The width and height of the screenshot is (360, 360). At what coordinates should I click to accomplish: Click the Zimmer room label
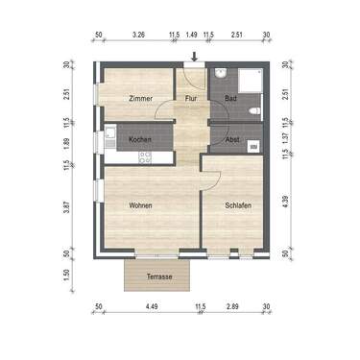click(x=141, y=99)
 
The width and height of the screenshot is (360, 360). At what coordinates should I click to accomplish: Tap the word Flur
click(x=191, y=99)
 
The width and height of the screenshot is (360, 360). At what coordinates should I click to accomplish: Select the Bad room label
click(x=231, y=99)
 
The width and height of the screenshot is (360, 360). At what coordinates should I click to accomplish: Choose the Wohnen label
click(x=141, y=205)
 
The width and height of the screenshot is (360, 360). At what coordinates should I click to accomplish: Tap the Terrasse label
click(x=159, y=276)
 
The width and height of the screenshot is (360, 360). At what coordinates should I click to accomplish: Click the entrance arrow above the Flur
click(x=195, y=57)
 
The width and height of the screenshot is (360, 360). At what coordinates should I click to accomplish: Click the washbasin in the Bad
click(x=220, y=75)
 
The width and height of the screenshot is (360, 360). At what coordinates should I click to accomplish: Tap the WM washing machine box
click(x=253, y=146)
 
